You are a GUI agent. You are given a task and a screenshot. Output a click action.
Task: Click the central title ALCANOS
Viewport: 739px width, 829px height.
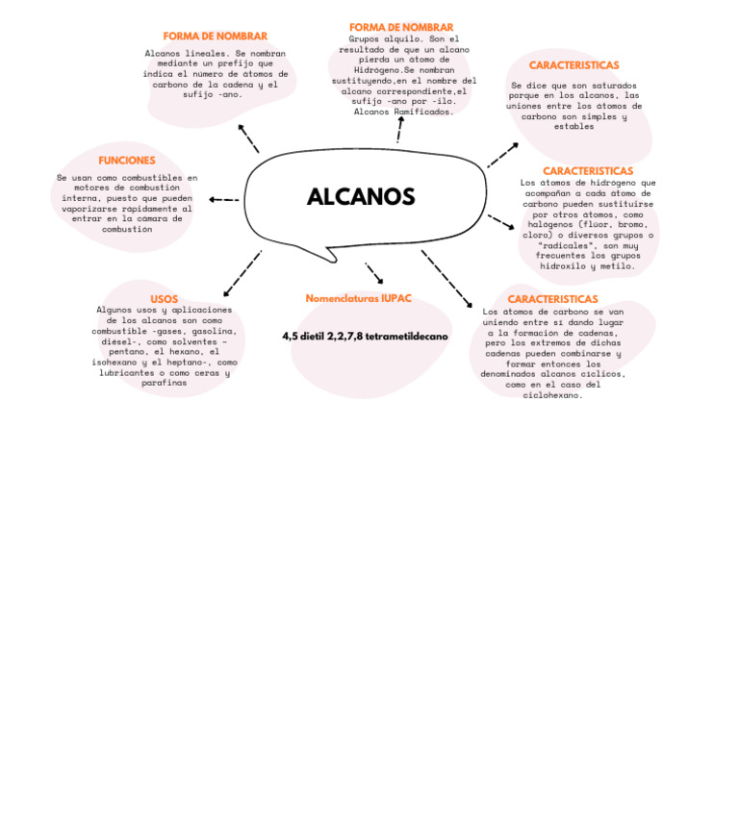tap(361, 197)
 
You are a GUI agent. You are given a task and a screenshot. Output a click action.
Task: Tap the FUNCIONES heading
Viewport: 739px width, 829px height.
tap(126, 161)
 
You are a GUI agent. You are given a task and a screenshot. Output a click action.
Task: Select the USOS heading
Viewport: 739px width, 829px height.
tap(164, 299)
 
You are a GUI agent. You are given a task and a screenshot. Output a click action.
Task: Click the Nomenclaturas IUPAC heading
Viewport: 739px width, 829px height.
tap(358, 299)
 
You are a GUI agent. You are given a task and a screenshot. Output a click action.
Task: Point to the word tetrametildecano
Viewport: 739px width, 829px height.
tap(406, 337)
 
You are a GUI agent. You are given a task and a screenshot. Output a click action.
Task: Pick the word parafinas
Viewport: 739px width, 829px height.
tap(165, 383)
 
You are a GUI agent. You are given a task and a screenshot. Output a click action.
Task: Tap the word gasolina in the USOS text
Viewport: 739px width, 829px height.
tap(213, 331)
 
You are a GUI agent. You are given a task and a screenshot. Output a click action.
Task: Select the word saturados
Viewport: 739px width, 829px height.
tap(608, 86)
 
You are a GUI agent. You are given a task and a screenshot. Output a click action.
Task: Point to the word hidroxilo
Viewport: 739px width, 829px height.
tap(564, 266)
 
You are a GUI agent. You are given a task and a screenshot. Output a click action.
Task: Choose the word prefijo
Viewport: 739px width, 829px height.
tap(238, 63)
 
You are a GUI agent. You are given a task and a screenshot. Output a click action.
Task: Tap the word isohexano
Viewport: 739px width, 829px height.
tap(116, 363)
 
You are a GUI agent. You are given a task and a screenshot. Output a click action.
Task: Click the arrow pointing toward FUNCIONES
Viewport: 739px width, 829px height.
tap(223, 200)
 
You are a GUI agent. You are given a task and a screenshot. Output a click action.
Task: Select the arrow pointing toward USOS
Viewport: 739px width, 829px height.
tap(242, 274)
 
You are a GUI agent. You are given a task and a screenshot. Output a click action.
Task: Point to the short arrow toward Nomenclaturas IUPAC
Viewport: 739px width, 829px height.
tap(373, 272)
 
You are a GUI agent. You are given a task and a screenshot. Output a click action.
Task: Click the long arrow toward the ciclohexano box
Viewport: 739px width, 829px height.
tap(447, 280)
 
